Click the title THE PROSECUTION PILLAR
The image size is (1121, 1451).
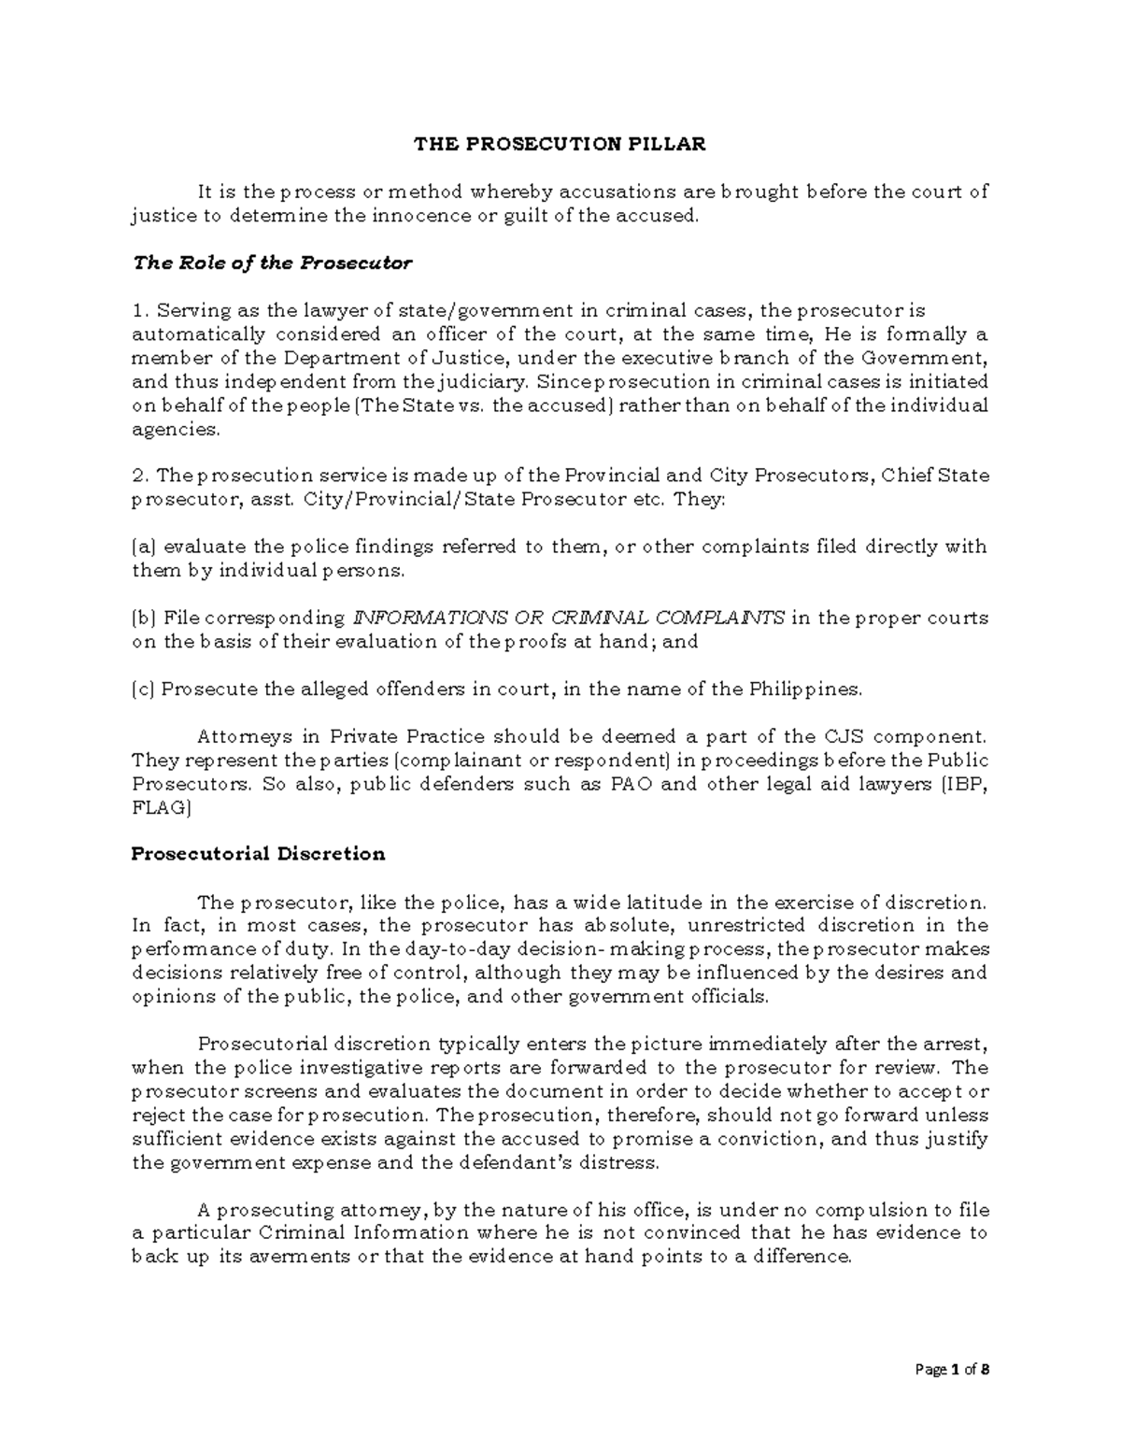click(560, 144)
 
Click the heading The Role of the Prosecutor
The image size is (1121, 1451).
click(271, 263)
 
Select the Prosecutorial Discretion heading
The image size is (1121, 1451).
click(258, 853)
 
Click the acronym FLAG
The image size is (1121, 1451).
click(159, 807)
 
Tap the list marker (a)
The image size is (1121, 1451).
click(144, 547)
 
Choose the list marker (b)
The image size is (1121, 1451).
click(144, 618)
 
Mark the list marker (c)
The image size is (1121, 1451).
click(144, 689)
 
